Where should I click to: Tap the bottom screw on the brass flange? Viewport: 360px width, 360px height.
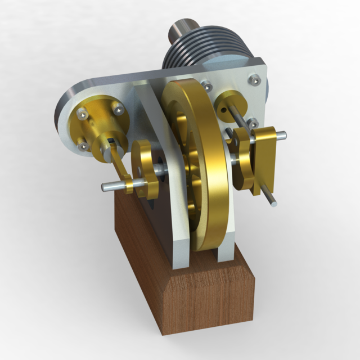click(x=85, y=146)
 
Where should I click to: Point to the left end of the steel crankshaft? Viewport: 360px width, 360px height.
click(x=106, y=186)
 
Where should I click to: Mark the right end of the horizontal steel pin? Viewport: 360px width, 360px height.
click(x=283, y=134)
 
